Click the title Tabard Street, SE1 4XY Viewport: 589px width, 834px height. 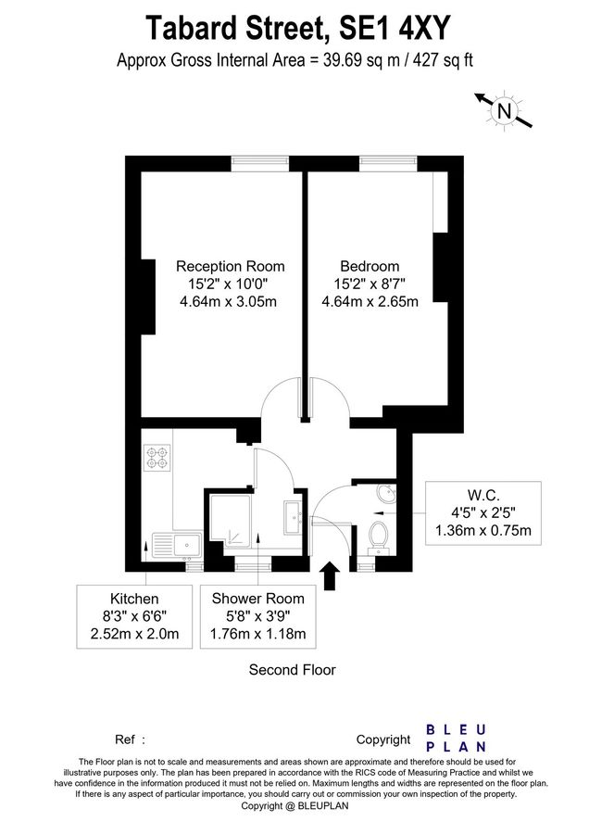(294, 28)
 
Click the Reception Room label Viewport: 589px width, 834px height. (230, 266)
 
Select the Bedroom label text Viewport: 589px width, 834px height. (370, 266)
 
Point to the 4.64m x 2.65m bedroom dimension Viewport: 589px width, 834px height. (370, 302)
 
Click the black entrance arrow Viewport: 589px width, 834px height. (328, 575)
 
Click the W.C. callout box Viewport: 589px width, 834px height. (482, 512)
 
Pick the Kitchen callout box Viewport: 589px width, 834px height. (135, 616)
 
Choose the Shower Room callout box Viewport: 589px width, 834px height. (258, 616)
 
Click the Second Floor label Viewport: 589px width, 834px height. (292, 669)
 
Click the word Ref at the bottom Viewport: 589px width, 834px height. (125, 740)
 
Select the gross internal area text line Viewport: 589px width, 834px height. (294, 61)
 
